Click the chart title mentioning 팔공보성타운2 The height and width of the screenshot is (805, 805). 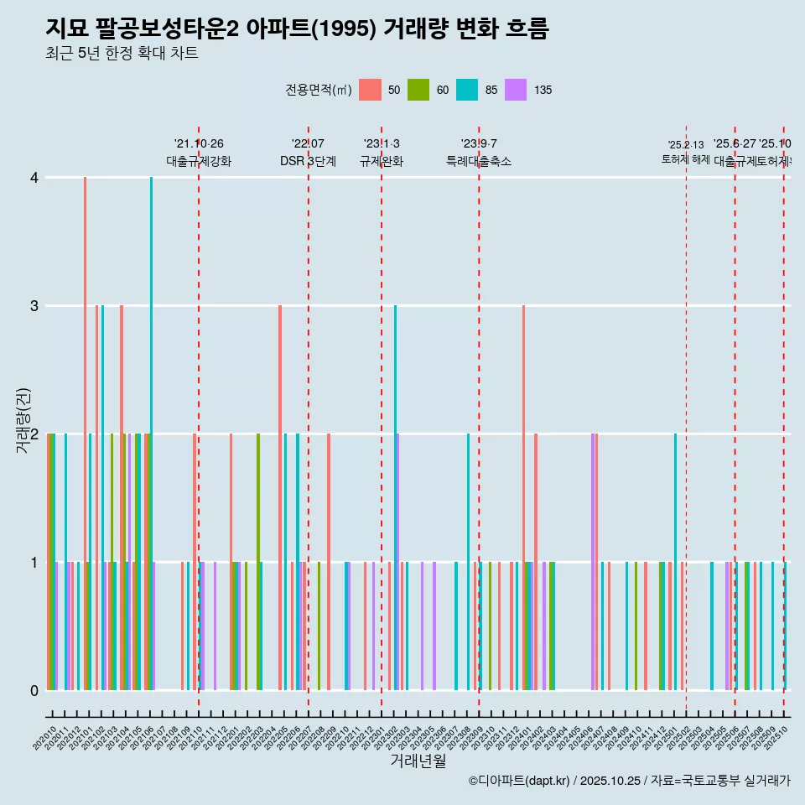pos(297,29)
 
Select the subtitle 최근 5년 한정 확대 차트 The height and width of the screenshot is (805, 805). pos(122,55)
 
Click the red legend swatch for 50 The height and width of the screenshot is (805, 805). pos(370,90)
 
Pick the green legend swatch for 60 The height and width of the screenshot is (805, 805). pos(418,90)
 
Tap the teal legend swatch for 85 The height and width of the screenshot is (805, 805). pos(467,90)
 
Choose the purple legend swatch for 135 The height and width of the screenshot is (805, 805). pos(516,90)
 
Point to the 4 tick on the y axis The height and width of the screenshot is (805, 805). pos(34,178)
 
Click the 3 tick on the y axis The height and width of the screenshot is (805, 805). pos(34,306)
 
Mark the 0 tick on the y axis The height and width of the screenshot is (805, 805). pos(34,691)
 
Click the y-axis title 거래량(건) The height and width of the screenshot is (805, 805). pos(23,420)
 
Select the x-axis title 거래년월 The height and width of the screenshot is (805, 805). pos(418,761)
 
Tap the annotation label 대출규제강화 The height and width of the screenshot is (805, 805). pos(199,162)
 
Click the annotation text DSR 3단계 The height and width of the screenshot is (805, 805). pos(308,162)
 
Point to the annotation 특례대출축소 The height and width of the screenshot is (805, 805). pos(478,162)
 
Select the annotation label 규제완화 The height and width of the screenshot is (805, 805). pos(382,162)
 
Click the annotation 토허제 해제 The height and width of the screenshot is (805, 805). pos(686,159)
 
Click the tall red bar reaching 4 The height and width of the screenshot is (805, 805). pos(86,434)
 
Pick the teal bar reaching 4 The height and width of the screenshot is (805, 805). pos(152,434)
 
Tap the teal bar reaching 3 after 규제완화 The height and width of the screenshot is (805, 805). pos(395,498)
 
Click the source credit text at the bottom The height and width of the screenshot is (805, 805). pos(629,781)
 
